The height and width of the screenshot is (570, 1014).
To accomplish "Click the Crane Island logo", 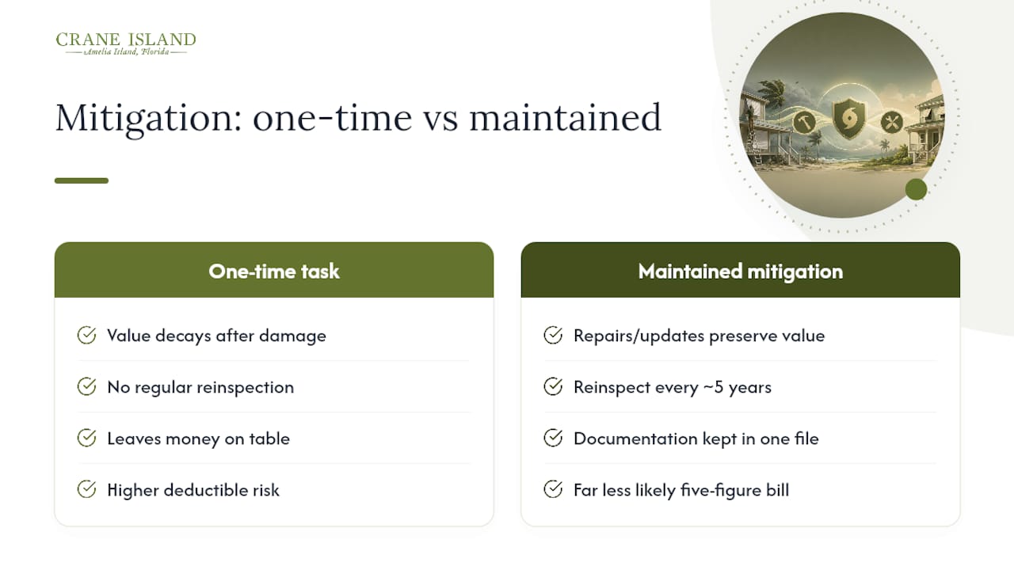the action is coord(126,44).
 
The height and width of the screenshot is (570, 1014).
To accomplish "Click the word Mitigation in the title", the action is coord(148,119).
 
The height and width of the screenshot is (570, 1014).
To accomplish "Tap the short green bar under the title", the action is coord(82,180).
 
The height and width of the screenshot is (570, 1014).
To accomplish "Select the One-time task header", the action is coord(274,270).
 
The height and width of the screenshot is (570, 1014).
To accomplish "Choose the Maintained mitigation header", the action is coord(741,270).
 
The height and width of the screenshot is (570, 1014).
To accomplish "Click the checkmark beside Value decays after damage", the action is coord(86,335).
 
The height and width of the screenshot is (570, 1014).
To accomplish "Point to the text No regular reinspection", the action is coord(200,387).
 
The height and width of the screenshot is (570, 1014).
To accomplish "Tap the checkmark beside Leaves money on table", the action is coord(86,438).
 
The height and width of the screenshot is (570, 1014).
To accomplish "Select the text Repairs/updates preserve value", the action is coord(699,336).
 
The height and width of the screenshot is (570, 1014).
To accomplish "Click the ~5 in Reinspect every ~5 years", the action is coord(713,387).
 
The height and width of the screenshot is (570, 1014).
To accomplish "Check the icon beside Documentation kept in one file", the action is coord(553,438).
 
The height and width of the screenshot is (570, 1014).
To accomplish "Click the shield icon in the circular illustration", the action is coord(848,119).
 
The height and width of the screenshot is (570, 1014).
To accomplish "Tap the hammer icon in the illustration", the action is coord(804,122).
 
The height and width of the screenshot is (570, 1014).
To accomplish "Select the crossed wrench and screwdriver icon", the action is coord(892,122).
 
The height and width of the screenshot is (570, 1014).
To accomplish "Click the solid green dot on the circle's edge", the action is coord(917,189).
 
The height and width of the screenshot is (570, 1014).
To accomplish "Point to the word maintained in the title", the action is coord(565,119).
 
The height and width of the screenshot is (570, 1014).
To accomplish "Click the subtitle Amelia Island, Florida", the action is coord(126,51).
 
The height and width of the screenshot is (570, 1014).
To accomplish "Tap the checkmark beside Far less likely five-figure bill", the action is coord(553,489).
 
